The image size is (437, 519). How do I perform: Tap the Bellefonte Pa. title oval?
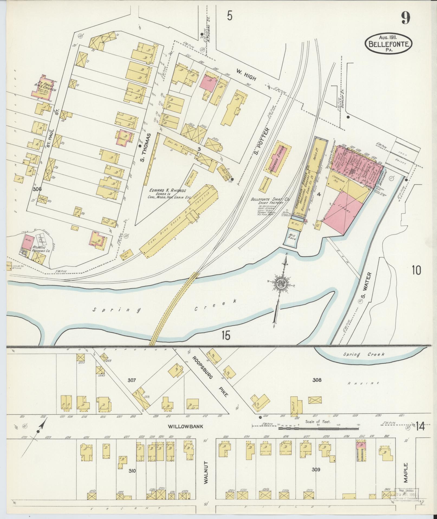(389, 44)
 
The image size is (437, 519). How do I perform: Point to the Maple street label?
(405, 473)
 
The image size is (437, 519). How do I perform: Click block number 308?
(317, 380)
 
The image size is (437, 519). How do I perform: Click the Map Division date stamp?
(408, 492)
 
